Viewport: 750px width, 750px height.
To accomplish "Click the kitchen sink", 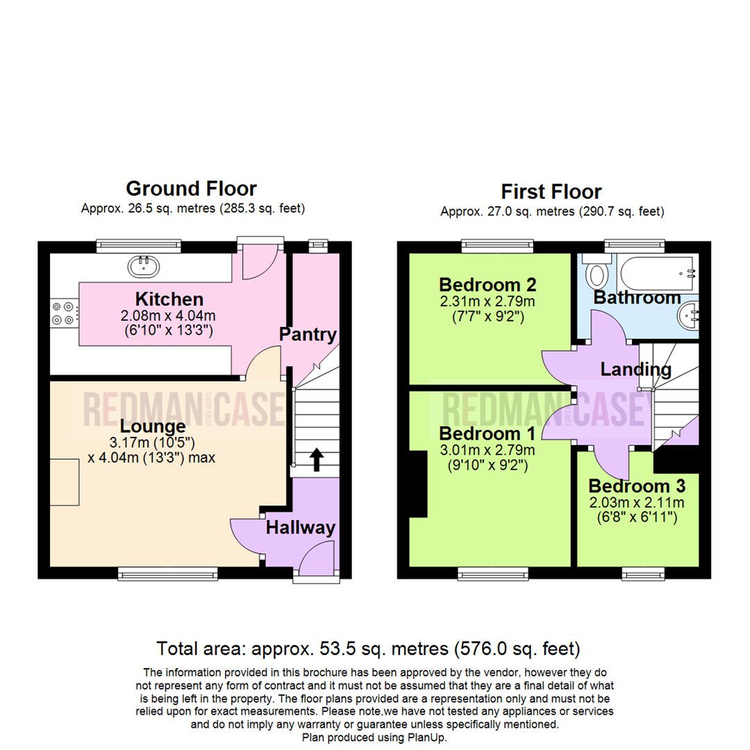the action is [x=144, y=267].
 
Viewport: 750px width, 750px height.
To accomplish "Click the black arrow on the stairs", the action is [x=316, y=460].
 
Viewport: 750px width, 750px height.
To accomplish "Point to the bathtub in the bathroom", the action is [x=658, y=273].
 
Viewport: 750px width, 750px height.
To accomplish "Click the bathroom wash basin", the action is [x=688, y=315].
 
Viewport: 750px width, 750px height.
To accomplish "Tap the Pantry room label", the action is [x=308, y=334].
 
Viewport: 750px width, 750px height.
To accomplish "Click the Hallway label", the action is [x=301, y=528].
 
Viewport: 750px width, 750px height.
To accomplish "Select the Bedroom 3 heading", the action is [x=637, y=486].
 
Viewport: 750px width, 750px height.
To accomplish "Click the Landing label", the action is [x=635, y=369].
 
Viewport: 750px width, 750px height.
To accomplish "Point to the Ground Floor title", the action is [x=192, y=188].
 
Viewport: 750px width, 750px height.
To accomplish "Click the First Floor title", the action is [x=551, y=192].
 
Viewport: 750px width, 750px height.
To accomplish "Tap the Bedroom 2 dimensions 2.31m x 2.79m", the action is [x=487, y=301].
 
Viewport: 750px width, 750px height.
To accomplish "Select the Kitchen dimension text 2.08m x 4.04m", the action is [x=168, y=316].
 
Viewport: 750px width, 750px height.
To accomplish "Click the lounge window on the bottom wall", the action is [x=168, y=574].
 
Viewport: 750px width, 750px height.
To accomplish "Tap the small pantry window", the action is [x=318, y=245].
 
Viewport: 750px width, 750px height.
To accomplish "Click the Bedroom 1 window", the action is [x=493, y=574].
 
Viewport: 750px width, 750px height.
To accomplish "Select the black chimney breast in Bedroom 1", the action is [x=418, y=483].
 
